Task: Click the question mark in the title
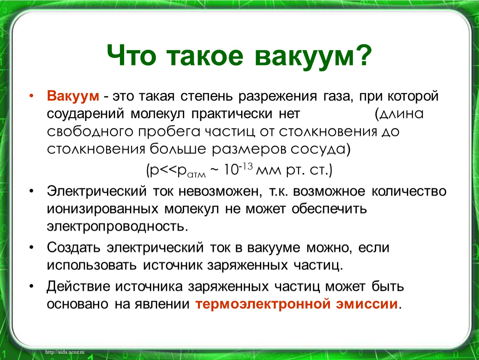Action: (x=362, y=55)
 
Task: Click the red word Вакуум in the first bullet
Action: (x=73, y=96)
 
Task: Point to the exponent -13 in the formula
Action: (x=246, y=167)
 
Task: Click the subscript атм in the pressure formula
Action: (x=197, y=175)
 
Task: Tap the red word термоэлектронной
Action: (x=263, y=304)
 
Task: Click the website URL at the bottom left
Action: (x=65, y=352)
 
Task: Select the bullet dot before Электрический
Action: (x=31, y=191)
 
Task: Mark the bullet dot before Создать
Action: (x=31, y=247)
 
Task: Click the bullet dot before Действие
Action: (x=31, y=287)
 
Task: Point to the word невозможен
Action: (x=220, y=192)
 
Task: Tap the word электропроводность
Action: (x=117, y=227)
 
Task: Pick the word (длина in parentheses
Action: (x=399, y=114)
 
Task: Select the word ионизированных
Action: (x=102, y=209)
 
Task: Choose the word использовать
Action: (x=92, y=265)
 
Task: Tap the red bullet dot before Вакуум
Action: (x=31, y=96)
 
